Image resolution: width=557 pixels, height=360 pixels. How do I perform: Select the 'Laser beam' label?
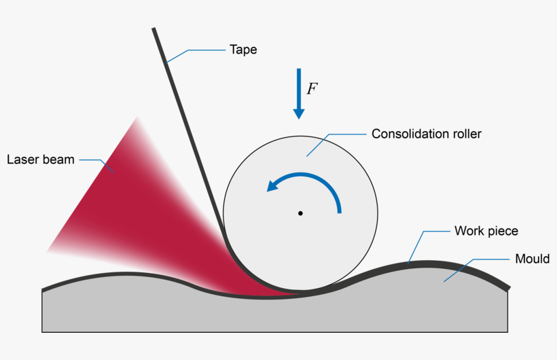(x=41, y=160)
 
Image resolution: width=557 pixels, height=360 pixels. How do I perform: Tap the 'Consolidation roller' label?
(x=426, y=134)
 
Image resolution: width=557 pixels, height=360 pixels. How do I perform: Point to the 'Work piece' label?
(x=486, y=231)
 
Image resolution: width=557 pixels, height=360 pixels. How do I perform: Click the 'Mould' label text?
(x=532, y=259)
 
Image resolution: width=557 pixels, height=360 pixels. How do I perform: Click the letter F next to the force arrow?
(x=312, y=89)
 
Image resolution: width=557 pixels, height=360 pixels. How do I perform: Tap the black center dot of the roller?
(x=300, y=213)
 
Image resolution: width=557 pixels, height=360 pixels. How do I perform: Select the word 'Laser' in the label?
(x=22, y=160)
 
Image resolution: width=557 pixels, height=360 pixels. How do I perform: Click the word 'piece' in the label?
(x=503, y=231)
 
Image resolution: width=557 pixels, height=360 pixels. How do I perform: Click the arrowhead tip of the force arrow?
(x=298, y=118)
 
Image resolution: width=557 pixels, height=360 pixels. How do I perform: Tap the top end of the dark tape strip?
(x=154, y=30)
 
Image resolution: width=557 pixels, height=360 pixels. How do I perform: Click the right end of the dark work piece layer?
(x=507, y=287)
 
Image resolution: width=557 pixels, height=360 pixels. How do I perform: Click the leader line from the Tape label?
(x=197, y=50)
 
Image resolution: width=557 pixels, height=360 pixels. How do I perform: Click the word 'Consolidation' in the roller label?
(x=407, y=134)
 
